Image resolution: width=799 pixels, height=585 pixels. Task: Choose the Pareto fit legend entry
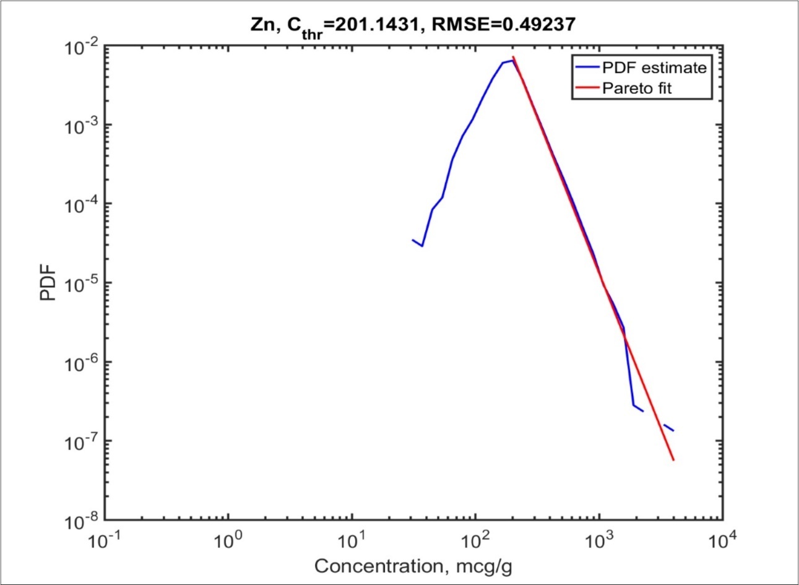point(636,88)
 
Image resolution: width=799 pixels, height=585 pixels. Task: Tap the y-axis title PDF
point(48,282)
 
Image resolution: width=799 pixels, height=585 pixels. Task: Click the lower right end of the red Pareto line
point(673,459)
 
